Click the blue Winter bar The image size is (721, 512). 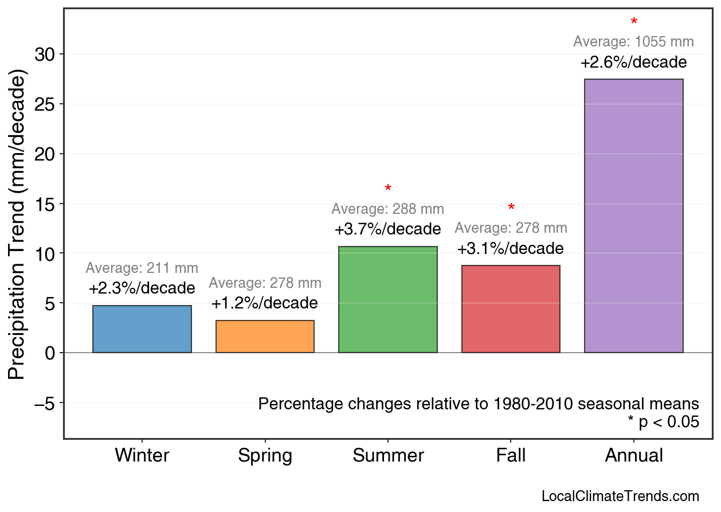pyautogui.click(x=142, y=329)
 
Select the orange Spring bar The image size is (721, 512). pyautogui.click(x=265, y=337)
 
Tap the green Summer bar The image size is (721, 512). pyautogui.click(x=388, y=299)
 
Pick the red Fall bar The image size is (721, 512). pyautogui.click(x=511, y=309)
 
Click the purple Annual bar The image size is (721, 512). pyautogui.click(x=633, y=216)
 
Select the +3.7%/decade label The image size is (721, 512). pyautogui.click(x=388, y=229)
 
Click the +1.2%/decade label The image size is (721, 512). pyautogui.click(x=265, y=303)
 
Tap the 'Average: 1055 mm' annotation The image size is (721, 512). pyautogui.click(x=633, y=42)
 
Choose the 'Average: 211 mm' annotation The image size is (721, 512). pyautogui.click(x=142, y=268)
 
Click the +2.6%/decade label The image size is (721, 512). pyautogui.click(x=633, y=62)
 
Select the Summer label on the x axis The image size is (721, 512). pyautogui.click(x=388, y=456)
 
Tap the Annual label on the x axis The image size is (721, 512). pyautogui.click(x=634, y=456)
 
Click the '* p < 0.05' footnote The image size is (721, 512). pyautogui.click(x=663, y=422)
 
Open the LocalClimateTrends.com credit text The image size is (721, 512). pyautogui.click(x=620, y=497)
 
